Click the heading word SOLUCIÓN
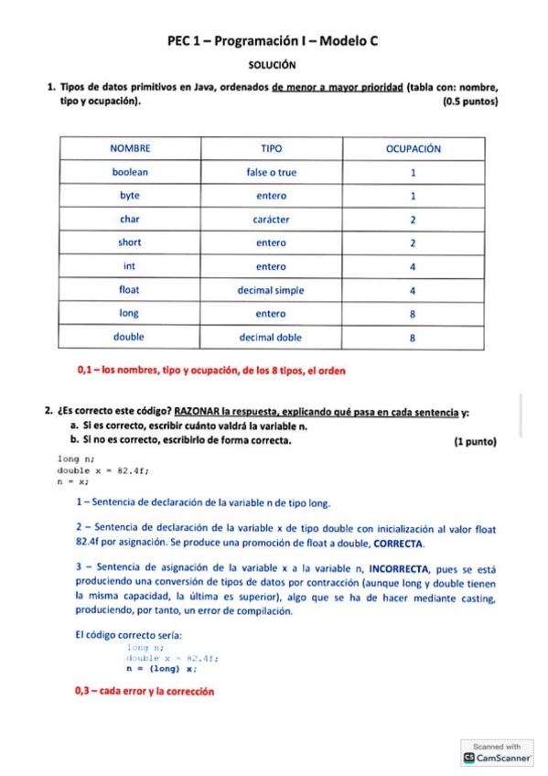274,65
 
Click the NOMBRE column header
130,148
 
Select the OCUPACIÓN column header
413,148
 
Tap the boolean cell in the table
130,172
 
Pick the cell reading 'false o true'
271,172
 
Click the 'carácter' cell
271,220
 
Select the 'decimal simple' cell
271,290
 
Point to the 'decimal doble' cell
271,338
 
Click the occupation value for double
413,338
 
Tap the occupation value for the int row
413,266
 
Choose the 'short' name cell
130,242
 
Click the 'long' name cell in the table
130,314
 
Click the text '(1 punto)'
475,441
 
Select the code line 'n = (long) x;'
161,668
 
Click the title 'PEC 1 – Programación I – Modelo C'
274,41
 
